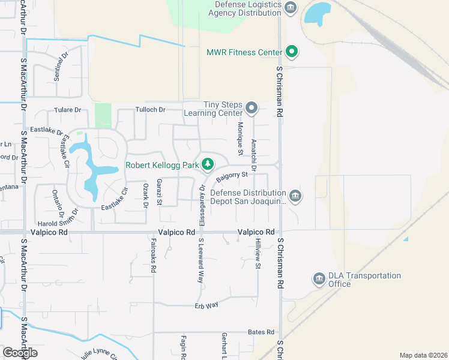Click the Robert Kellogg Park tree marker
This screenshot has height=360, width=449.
pyautogui.click(x=208, y=164)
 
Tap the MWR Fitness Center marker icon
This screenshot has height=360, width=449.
pyautogui.click(x=292, y=52)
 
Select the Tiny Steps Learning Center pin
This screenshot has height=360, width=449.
pyautogui.click(x=252, y=109)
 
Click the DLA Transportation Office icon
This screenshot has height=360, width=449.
pyautogui.click(x=319, y=279)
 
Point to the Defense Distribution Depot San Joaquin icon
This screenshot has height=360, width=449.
pyautogui.click(x=295, y=196)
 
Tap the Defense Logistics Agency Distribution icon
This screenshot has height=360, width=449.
pyautogui.click(x=291, y=7)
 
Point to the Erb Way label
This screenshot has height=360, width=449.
pyautogui.click(x=206, y=305)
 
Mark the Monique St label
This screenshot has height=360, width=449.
pyautogui.click(x=240, y=139)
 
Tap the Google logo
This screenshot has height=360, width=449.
pyautogui.click(x=20, y=353)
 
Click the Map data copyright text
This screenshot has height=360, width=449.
pyautogui.click(x=423, y=355)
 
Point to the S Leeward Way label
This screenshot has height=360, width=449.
pyautogui.click(x=201, y=260)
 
